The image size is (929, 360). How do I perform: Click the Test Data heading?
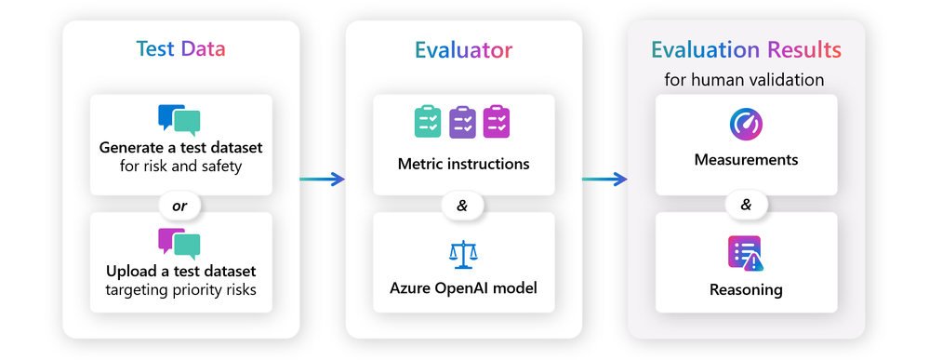(180, 49)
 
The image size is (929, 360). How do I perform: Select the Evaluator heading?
(463, 49)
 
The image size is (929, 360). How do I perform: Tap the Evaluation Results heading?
(746, 49)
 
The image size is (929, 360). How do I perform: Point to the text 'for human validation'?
(746, 79)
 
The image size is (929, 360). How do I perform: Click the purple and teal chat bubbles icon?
(179, 243)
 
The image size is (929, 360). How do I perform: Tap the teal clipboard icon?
(428, 122)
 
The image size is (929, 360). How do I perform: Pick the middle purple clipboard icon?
(462, 122)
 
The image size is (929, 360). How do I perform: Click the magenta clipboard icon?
(497, 122)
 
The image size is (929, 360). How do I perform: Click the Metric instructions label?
(463, 164)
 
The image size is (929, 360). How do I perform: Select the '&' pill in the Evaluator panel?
(463, 205)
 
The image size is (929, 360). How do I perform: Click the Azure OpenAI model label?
(463, 287)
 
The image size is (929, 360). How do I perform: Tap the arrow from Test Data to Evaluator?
(322, 179)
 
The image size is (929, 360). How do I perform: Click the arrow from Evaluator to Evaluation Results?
(604, 179)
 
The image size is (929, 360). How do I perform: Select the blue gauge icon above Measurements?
(746, 125)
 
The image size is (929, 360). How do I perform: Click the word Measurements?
(746, 160)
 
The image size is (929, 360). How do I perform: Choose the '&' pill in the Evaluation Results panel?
(746, 204)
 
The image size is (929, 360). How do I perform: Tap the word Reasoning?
(746, 289)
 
